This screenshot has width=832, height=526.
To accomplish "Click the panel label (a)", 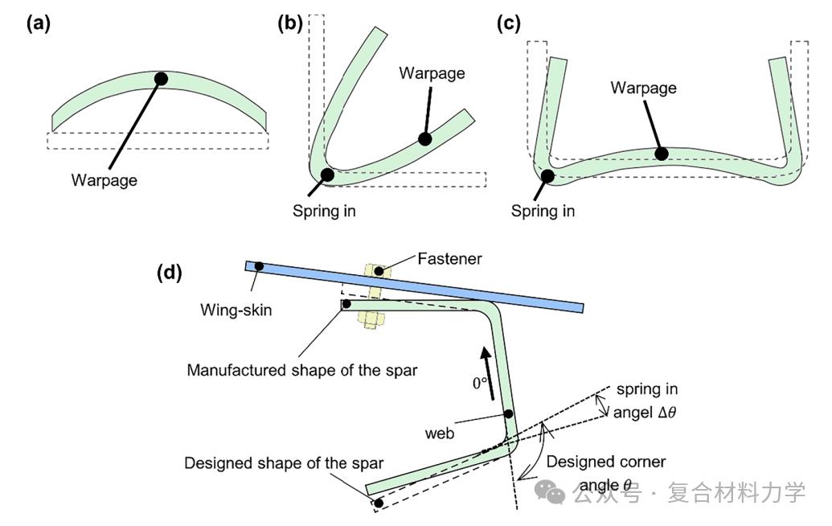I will [39, 23].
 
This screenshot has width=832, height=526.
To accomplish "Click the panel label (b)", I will [289, 23].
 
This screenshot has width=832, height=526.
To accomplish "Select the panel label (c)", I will [509, 23].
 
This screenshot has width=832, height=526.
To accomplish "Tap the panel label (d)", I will [170, 273].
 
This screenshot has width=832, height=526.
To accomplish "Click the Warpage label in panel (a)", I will [104, 180].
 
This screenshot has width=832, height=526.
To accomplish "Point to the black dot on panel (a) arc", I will [161, 79].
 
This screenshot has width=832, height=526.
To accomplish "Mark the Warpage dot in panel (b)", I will [425, 138].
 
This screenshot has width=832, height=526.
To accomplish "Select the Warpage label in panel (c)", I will [643, 87].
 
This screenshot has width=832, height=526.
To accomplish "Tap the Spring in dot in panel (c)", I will [547, 176].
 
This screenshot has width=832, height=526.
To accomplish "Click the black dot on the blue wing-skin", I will [259, 265].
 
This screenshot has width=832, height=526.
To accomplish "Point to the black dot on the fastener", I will [379, 271].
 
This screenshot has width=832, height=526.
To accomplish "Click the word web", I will [440, 434].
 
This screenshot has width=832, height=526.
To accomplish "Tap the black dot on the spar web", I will [508, 414].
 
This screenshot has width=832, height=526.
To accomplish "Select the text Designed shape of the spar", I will [284, 464].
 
